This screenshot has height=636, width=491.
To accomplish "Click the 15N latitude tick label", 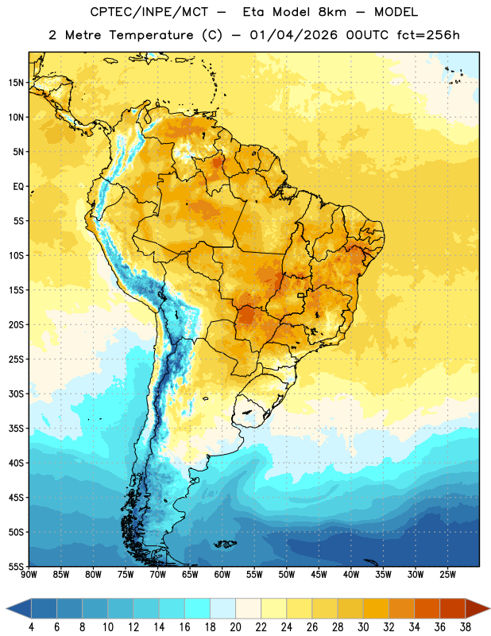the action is coord(16,83).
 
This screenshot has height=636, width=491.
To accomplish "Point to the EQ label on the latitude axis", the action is coord(18,187).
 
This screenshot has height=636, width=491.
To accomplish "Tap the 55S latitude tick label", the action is coord(16,566).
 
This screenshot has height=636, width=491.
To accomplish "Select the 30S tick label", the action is coord(16,394).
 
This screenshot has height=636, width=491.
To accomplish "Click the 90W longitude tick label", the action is coord(29,575).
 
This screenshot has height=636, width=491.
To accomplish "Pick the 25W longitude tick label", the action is coord(447,575).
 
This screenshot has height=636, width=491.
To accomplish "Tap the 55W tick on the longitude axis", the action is coord(254,575).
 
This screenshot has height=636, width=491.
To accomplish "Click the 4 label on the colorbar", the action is coord(31,627).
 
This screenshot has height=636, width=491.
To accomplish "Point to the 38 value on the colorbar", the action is coord(466,627).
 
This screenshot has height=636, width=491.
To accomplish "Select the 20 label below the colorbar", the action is coord(235,627).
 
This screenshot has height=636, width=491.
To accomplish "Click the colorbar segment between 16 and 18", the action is coord(197,609).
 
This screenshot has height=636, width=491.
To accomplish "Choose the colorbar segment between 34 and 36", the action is coord(427,609).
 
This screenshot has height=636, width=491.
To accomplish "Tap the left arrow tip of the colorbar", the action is coord(6,609).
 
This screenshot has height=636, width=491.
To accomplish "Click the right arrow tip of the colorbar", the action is coord(489,609).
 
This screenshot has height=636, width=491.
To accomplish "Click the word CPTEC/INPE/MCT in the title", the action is coord(149,12).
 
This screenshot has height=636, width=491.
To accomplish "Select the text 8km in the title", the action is coord(332,12).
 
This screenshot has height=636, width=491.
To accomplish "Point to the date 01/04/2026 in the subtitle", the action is coord(293,35).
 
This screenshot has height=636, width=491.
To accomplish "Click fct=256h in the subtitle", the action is coord(428,35).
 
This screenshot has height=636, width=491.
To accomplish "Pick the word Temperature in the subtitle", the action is coord(151,36).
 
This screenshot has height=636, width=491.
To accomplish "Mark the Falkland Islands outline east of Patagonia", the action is coord(225,544).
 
